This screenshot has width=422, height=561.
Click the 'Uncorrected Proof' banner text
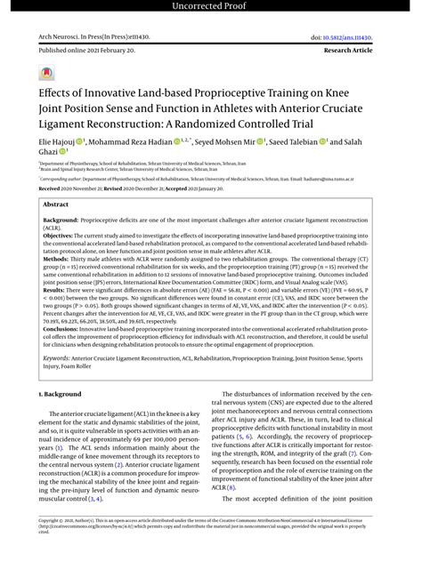210,8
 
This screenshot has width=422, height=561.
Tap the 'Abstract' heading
55,204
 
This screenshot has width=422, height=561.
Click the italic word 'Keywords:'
58,386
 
